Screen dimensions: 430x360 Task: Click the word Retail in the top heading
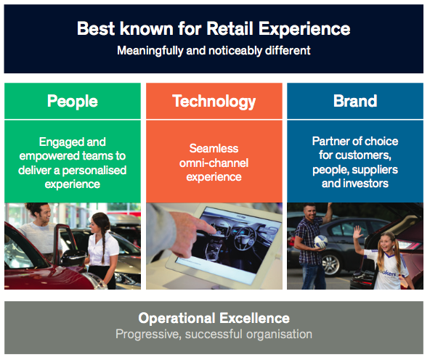230,28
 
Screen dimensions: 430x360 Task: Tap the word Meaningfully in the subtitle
150,51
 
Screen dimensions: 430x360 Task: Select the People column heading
73,102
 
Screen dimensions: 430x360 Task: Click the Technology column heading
214,102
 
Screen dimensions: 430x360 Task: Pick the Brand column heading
355,101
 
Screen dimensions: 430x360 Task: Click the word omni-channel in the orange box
214,163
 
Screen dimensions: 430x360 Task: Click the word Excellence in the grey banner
254,319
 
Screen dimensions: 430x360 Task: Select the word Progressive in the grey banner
148,335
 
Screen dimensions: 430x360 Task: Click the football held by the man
321,242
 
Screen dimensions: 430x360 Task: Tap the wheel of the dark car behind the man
330,264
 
